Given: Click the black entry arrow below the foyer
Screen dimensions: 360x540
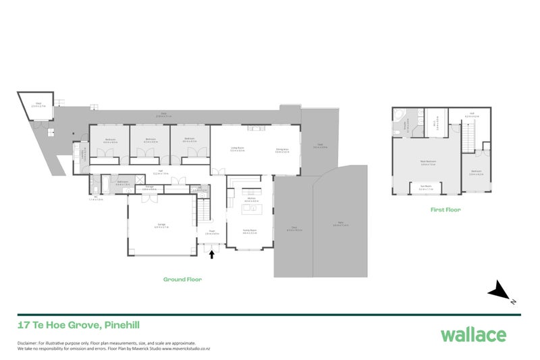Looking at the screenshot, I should pyautogui.click(x=214, y=255).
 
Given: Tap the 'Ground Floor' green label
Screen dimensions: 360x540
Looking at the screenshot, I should pyautogui.click(x=182, y=279).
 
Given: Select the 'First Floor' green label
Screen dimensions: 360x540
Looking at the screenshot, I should pyautogui.click(x=445, y=210).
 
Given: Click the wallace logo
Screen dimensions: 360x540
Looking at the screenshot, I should pyautogui.click(x=473, y=334).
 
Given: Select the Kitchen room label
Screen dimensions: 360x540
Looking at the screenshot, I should pyautogui.click(x=251, y=201).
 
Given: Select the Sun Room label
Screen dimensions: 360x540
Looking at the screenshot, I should pyautogui.click(x=426, y=188).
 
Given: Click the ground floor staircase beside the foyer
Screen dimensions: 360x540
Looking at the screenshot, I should pyautogui.click(x=200, y=213).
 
